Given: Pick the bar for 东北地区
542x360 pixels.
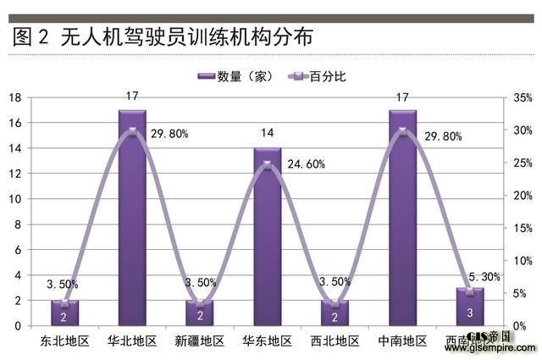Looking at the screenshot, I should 64,313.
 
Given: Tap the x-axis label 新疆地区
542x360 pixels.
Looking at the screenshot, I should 200,341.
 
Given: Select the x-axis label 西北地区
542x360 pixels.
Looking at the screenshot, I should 335,341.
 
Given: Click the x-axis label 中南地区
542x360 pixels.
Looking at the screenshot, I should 403,341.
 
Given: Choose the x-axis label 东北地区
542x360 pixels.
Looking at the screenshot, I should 64,341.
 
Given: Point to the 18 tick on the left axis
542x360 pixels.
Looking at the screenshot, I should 14,97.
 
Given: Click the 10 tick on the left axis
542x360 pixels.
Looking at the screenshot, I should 14,199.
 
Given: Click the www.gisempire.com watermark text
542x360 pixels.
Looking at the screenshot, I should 500,347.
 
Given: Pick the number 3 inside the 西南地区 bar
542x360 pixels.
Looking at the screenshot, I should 471,313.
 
